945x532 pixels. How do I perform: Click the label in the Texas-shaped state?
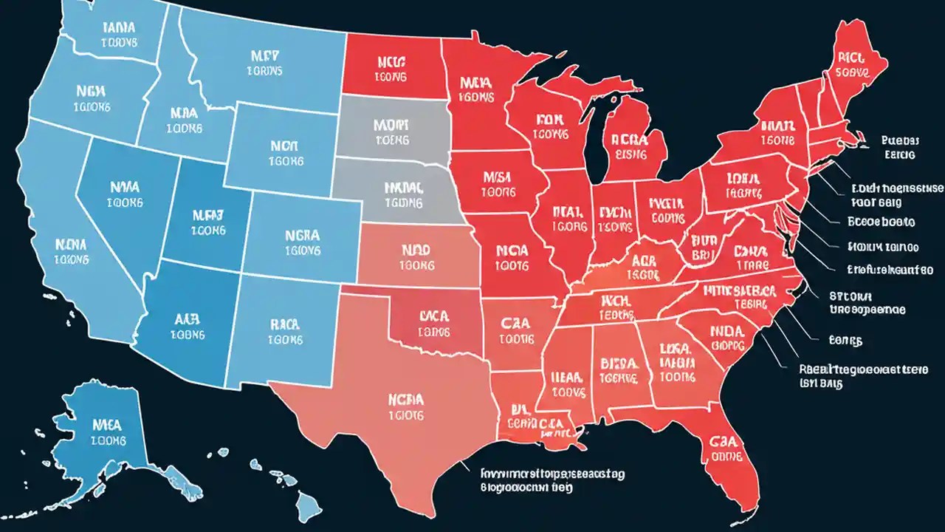point(405,407)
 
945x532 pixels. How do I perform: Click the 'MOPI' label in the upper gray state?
point(392,130)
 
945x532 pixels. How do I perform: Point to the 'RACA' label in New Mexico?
point(284,331)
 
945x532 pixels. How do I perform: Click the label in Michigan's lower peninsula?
point(625,146)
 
